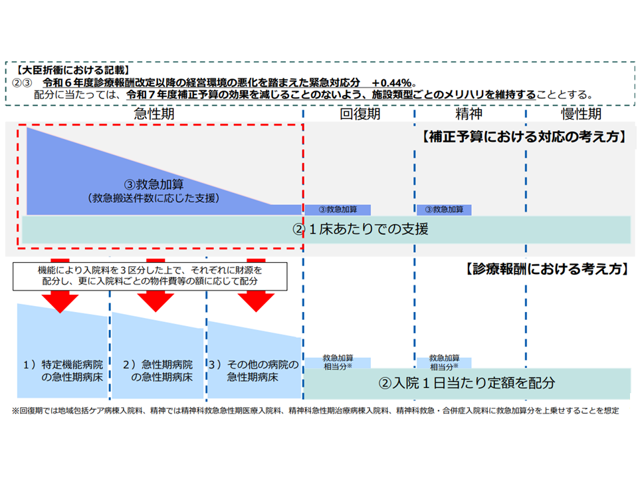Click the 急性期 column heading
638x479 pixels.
154,113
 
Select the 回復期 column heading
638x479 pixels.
360,113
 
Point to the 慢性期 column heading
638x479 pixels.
581,113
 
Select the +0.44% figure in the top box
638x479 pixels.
393,82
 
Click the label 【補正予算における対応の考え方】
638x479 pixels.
524,138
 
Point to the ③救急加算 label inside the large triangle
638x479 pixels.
154,184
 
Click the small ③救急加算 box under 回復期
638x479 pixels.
338,210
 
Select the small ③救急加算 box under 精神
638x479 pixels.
444,210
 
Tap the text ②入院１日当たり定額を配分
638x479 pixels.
467,383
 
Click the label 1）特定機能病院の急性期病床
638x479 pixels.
60,371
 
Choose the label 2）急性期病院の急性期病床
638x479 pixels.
158,371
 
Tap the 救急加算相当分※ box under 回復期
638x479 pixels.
338,362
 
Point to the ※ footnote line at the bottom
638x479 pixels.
316,410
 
